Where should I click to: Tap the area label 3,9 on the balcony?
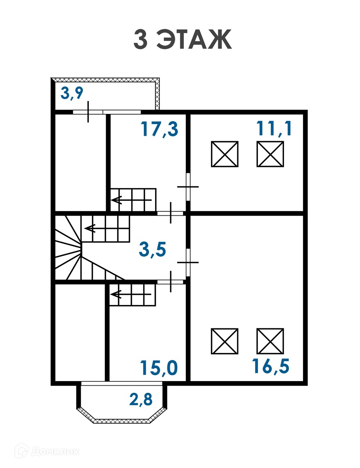(72, 94)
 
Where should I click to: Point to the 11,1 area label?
(274, 128)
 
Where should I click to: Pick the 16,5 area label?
(271, 366)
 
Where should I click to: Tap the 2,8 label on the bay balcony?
(140, 399)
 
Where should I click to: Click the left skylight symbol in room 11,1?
(225, 154)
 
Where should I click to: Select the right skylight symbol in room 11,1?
(270, 154)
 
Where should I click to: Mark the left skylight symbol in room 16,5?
(225, 341)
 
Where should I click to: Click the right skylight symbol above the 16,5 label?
(270, 341)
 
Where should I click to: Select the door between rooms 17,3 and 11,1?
(188, 187)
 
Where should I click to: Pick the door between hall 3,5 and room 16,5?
(188, 262)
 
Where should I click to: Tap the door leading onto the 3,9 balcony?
(88, 112)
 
